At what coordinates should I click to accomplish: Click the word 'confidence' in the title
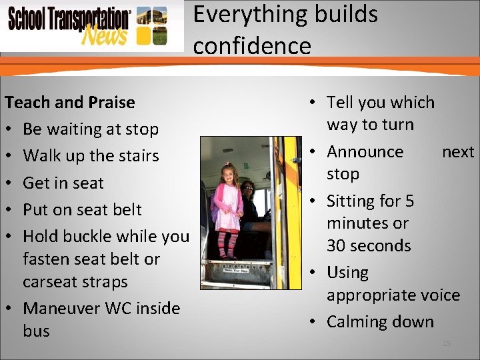[x=252, y=46]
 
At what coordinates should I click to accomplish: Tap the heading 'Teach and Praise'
[x=69, y=102]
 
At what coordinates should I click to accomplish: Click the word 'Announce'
[x=365, y=152]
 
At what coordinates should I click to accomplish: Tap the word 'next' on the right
[x=458, y=152]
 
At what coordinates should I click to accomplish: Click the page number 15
[x=447, y=343]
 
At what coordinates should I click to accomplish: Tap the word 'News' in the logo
[x=103, y=35]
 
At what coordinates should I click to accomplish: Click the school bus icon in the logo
[x=151, y=25]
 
